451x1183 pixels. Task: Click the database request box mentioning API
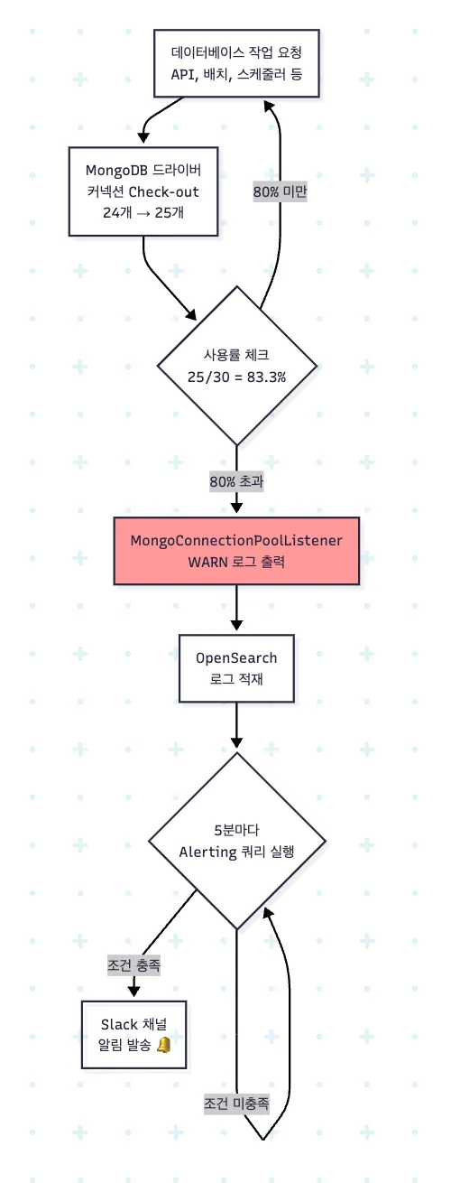point(236,63)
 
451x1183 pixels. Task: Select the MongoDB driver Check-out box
point(143,191)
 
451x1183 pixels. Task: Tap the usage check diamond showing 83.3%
point(237,366)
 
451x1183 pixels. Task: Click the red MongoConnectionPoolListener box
point(236,551)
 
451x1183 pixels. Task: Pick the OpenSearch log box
point(236,668)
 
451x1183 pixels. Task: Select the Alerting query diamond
point(237,841)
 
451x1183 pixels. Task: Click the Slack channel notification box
point(134,1035)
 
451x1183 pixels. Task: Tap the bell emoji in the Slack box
point(164,1045)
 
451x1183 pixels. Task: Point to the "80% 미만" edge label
point(280,191)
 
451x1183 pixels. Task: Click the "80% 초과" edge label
point(236,481)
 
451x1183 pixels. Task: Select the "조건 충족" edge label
point(134,965)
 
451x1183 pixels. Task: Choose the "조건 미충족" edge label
point(236,1104)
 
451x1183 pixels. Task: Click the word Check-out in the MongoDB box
point(163,191)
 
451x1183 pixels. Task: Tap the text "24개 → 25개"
point(143,212)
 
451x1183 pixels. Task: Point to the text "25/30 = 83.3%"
point(236,377)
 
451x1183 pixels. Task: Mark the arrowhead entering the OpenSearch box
point(236,625)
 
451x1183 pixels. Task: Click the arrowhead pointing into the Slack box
point(134,991)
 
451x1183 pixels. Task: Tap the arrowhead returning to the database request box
point(270,106)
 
